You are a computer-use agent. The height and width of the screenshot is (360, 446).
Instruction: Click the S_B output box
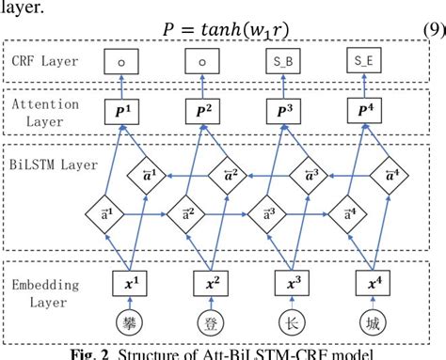[x=285, y=62]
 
